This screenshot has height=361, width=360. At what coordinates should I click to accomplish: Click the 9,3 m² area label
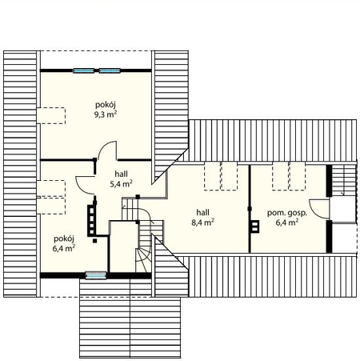(106, 114)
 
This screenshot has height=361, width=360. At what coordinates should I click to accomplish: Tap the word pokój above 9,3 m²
(106, 104)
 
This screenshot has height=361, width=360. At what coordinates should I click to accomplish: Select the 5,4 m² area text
(122, 184)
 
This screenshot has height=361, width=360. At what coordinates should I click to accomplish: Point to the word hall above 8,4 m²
(202, 212)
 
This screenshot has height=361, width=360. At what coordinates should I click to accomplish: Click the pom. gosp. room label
(287, 213)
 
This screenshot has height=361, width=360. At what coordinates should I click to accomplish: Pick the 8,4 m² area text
(202, 223)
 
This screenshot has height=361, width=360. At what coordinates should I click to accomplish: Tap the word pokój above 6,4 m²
(64, 239)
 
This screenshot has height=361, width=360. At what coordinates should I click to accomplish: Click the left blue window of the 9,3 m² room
(83, 70)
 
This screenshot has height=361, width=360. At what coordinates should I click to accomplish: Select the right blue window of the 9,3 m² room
(110, 70)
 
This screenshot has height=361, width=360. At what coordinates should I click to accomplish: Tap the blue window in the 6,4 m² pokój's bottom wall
(96, 275)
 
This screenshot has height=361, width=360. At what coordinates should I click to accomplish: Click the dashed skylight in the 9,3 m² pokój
(51, 115)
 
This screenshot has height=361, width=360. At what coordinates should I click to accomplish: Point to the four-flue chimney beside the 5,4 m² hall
(91, 220)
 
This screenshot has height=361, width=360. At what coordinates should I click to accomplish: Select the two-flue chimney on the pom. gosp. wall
(254, 227)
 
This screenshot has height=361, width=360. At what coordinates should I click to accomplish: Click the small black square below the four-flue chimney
(94, 241)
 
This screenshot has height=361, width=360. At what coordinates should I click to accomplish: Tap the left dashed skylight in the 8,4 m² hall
(213, 176)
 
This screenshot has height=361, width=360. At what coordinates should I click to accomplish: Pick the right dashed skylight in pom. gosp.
(298, 176)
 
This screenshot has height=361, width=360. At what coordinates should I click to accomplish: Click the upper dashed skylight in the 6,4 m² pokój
(51, 188)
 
